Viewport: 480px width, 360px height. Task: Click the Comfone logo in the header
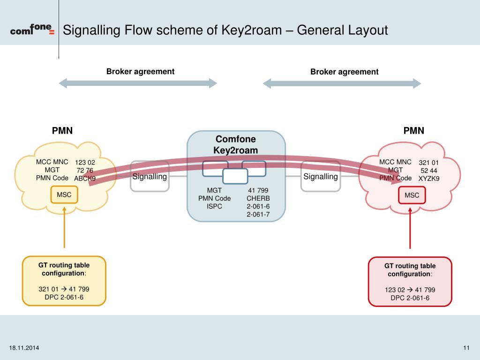tap(32, 30)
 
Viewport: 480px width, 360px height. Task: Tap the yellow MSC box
tap(64, 195)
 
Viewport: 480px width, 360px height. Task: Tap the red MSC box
tap(412, 195)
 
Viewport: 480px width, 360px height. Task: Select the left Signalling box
tap(150, 177)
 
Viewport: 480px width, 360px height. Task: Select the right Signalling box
tap(321, 177)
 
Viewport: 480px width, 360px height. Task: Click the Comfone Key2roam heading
tap(236, 144)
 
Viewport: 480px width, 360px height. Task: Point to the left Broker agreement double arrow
tap(138, 83)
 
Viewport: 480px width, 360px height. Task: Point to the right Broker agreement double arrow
tap(342, 83)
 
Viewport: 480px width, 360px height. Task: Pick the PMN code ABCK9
tap(85, 179)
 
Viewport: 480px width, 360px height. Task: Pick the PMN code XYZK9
tap(429, 179)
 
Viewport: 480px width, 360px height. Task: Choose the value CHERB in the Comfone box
tap(258, 198)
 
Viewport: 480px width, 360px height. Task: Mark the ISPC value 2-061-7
tap(258, 214)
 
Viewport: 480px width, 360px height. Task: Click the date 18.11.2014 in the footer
tap(24, 347)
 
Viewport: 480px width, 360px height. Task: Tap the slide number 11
tap(466, 347)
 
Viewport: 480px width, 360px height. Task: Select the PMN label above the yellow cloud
tap(62, 131)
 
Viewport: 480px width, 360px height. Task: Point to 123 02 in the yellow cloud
tap(85, 163)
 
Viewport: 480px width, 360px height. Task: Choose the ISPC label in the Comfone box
tap(214, 206)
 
